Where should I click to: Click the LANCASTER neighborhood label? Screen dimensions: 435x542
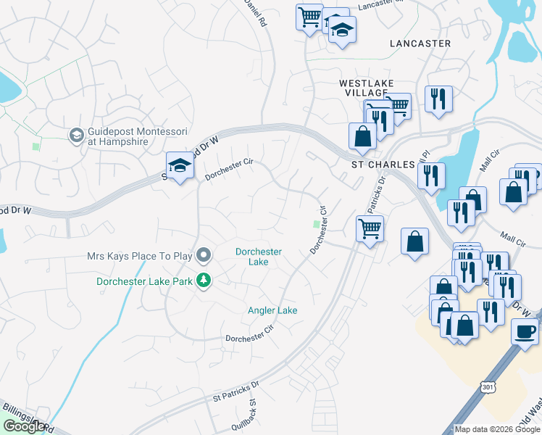[420, 43]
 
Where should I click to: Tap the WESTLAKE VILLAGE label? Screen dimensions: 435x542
[364, 88]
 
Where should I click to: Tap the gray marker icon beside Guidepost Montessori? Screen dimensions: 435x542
[75, 136]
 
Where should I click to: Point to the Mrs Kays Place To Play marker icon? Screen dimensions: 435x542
[204, 254]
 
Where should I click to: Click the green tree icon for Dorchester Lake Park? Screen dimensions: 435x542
[204, 280]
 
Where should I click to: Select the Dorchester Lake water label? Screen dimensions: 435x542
[259, 257]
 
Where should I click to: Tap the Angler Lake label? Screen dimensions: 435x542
[272, 310]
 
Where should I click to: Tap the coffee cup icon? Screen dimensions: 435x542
[525, 331]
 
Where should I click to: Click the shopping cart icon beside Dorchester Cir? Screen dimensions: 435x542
[370, 229]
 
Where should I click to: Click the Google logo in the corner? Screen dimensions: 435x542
[24, 426]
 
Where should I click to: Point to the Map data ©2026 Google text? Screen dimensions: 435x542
[498, 429]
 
